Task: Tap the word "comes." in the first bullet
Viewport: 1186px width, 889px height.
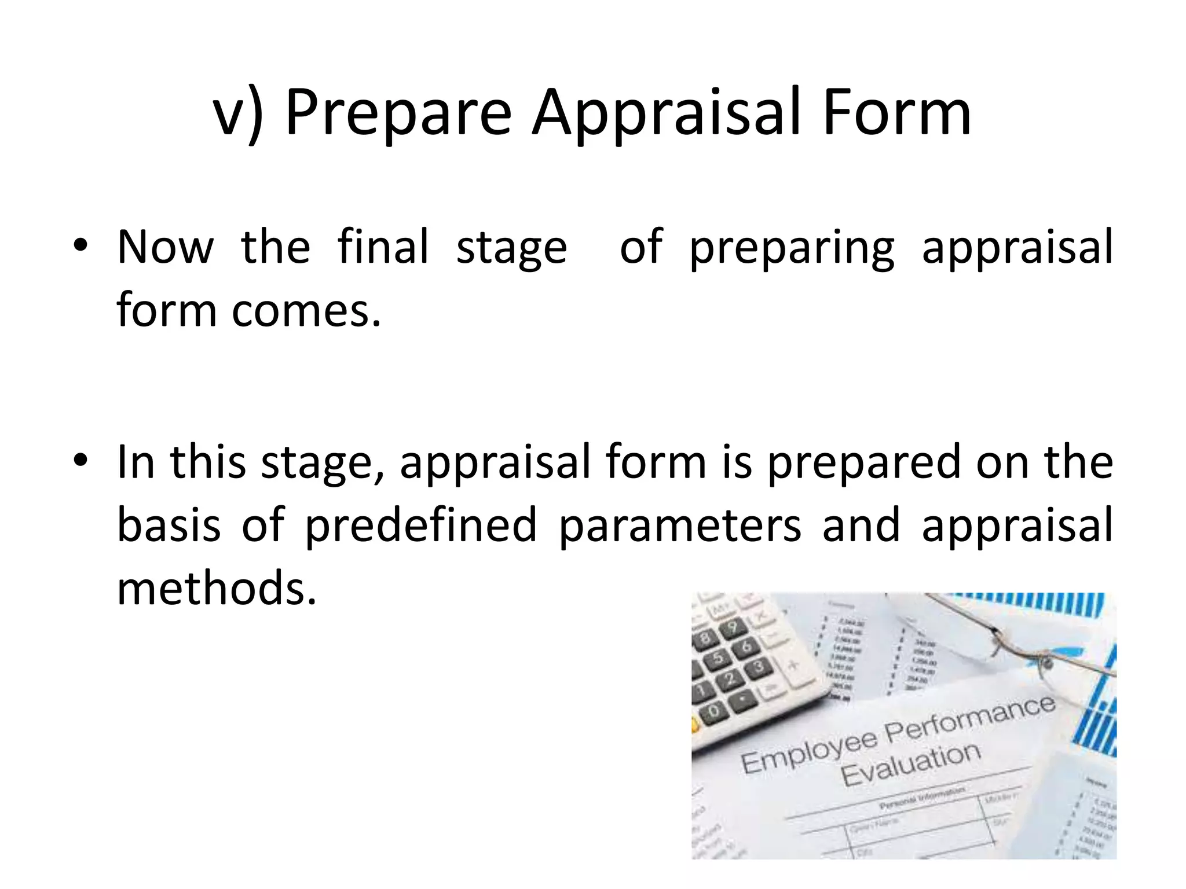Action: [x=306, y=311]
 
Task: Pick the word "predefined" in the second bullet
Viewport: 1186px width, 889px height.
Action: [x=421, y=526]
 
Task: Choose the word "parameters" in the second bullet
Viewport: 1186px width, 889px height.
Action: [x=680, y=526]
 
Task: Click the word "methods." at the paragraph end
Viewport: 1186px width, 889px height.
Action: [x=217, y=588]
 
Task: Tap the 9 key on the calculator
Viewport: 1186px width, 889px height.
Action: [x=733, y=627]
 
